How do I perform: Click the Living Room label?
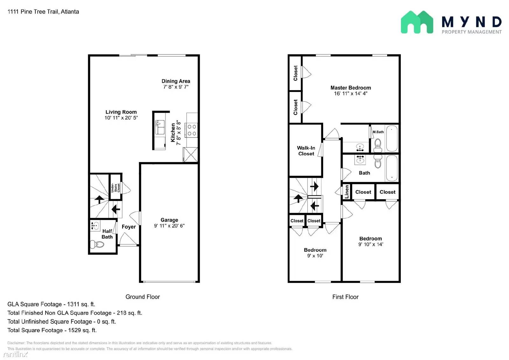(121, 112)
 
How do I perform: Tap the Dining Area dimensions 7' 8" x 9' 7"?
(176, 87)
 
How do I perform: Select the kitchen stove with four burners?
(192, 130)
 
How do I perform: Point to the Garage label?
(169, 220)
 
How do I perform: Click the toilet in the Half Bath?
(97, 244)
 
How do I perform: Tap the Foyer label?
(129, 227)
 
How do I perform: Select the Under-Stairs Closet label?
(115, 187)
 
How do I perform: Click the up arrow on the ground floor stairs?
(99, 199)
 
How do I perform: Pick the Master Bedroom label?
(351, 88)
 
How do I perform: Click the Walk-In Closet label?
(306, 151)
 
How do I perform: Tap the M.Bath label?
(378, 132)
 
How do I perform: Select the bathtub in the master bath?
(392, 138)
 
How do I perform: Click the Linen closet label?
(347, 192)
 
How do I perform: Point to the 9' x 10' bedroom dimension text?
(315, 256)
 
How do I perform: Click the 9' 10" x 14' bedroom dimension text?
(371, 244)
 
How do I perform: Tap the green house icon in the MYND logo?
(417, 22)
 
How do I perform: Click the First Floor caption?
(345, 297)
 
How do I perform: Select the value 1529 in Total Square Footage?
(74, 330)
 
